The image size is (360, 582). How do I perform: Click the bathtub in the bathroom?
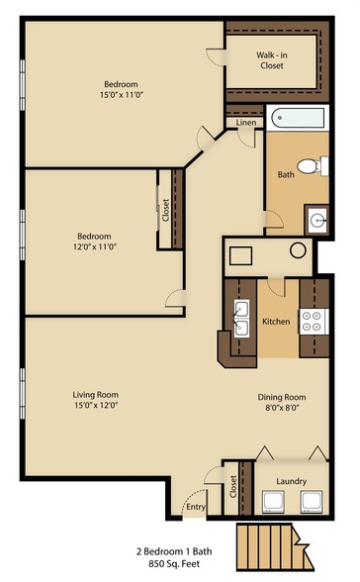[298, 118]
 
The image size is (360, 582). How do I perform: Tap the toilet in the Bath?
[313, 166]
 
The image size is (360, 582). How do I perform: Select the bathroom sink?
[315, 220]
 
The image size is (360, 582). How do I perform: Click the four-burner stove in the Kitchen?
[315, 322]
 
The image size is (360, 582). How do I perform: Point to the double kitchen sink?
[241, 319]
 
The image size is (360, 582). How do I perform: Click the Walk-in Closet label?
[272, 60]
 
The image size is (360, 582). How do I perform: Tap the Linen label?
[246, 123]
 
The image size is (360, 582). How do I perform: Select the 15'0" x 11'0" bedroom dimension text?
[122, 95]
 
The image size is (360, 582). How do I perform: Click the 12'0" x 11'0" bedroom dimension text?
[95, 246]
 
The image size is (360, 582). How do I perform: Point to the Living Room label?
[96, 395]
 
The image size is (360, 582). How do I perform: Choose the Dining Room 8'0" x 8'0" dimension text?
[282, 407]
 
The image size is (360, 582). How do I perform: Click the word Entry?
[196, 507]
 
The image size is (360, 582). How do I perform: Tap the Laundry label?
[292, 481]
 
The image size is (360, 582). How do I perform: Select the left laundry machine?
[274, 502]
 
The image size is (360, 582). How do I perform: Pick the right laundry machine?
[312, 502]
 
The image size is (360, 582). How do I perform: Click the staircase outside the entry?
[274, 546]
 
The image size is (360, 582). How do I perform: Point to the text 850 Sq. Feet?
[174, 564]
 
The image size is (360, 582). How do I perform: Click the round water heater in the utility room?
[298, 250]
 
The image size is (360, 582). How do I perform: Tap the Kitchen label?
[276, 321]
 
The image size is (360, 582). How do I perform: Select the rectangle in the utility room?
[240, 255]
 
